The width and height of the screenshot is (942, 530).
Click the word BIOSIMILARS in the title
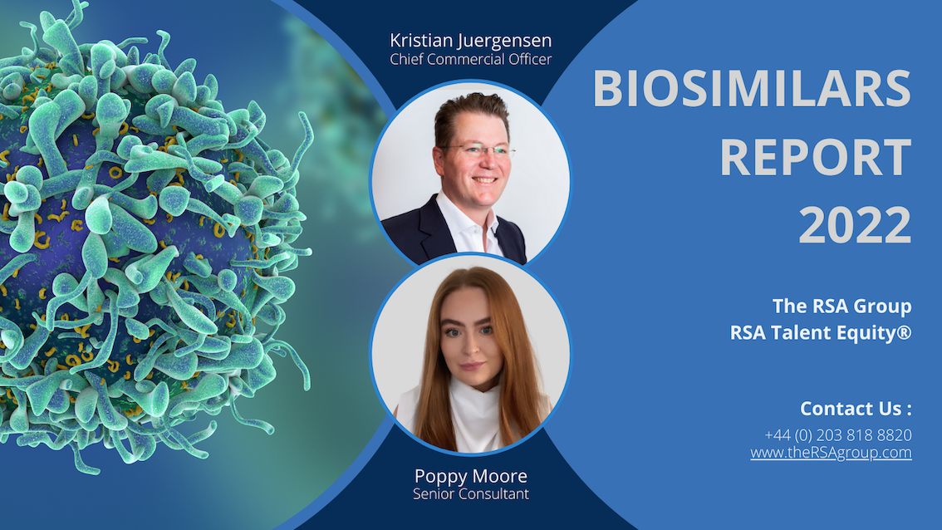point(752,90)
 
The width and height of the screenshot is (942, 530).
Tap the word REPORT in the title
point(815,158)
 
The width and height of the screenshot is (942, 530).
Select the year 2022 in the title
point(855,225)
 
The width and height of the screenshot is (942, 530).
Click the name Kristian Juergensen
point(470,41)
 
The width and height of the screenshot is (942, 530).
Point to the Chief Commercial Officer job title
point(470,60)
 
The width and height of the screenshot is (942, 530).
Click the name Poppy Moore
point(471,477)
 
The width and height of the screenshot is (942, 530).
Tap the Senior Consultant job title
point(471,494)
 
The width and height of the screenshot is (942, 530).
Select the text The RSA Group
point(841,306)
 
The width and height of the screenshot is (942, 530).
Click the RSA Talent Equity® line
point(820,332)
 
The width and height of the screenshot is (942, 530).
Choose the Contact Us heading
point(856,409)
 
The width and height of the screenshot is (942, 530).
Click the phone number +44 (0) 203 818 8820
point(837,435)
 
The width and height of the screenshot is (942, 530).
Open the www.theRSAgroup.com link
point(831,453)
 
